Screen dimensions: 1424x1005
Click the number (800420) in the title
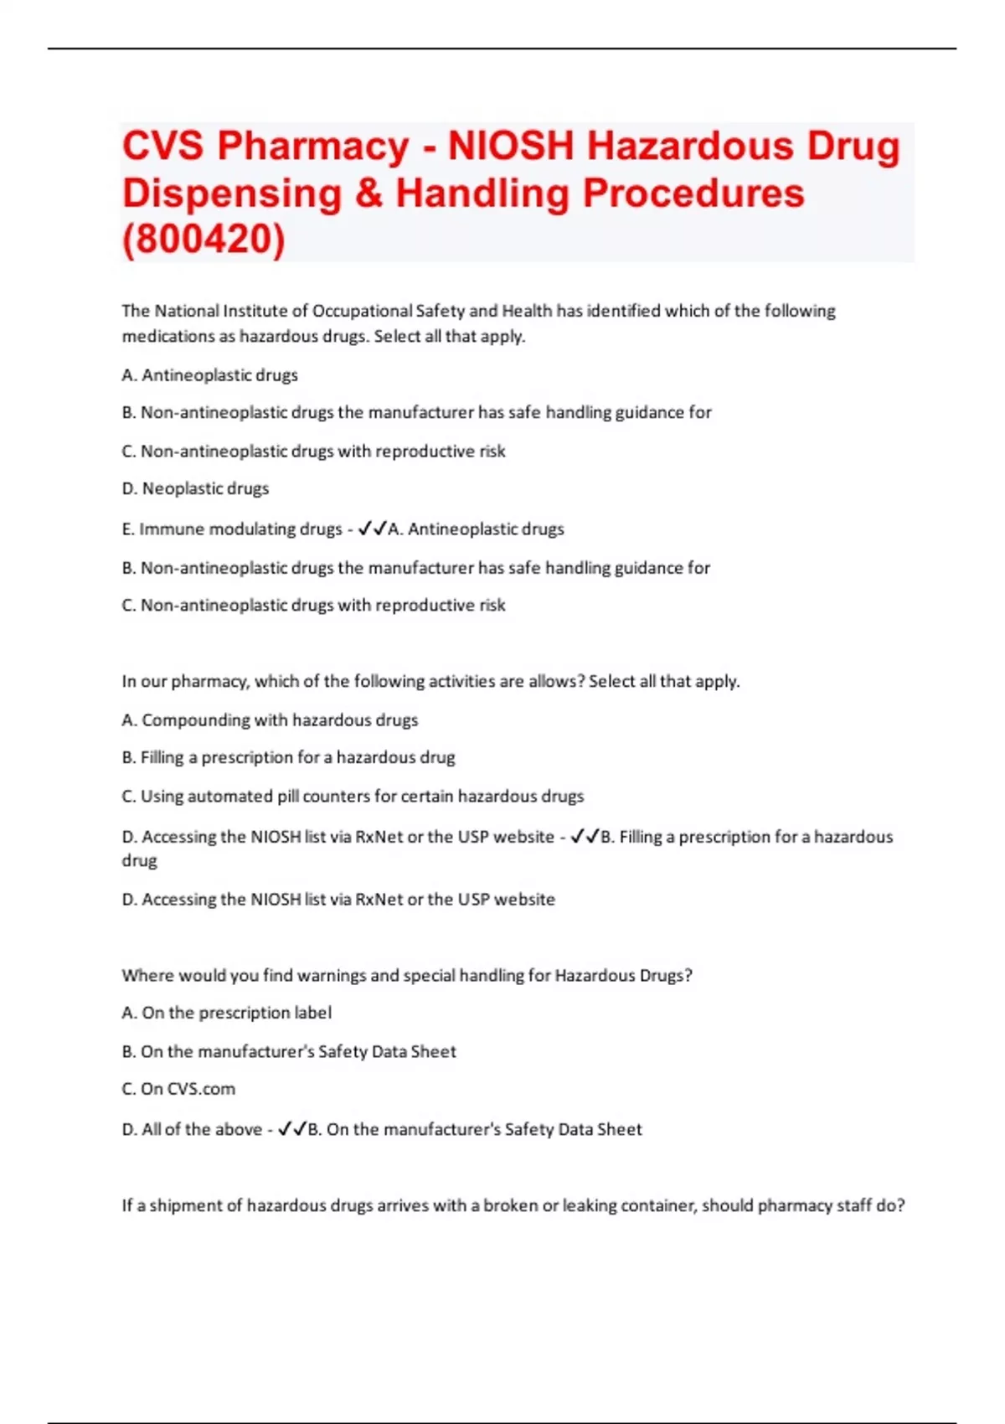[204, 240]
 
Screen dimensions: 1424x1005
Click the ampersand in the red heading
[368, 193]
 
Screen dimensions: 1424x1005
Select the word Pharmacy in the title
[313, 147]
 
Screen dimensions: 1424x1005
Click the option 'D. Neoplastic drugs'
[195, 488]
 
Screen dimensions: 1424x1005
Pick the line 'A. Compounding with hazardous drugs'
[270, 720]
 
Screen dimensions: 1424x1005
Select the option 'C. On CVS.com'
[178, 1089]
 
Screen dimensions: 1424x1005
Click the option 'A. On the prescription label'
[226, 1013]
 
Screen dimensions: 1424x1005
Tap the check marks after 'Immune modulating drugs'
[372, 529]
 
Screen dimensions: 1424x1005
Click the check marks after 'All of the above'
[292, 1129]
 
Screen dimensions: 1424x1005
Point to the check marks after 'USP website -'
[585, 837]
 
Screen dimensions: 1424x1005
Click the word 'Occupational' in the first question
[362, 311]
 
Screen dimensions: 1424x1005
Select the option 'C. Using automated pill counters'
[353, 796]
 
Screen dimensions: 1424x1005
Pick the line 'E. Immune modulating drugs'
[231, 529]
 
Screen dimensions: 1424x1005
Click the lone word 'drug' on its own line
[139, 861]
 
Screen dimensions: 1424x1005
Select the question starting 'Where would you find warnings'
[407, 975]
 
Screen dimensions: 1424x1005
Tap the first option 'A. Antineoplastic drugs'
[209, 375]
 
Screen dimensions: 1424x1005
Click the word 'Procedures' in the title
[693, 193]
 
